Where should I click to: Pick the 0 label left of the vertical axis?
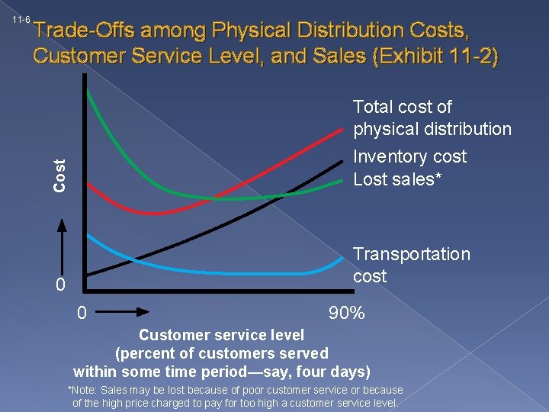(x=62, y=285)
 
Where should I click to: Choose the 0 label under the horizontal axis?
(x=82, y=313)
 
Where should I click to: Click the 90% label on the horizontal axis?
(x=346, y=313)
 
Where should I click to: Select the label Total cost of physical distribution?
(x=432, y=118)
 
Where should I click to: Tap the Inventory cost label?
(x=409, y=156)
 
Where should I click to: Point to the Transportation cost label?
(x=412, y=265)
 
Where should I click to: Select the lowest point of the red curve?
(x=156, y=212)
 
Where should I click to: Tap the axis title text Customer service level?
(x=221, y=335)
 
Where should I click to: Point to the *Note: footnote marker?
(x=88, y=391)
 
